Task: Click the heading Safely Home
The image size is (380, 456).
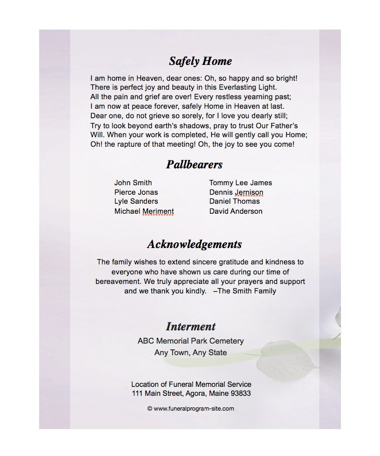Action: pos(200,61)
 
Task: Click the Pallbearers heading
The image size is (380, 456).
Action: pos(194,165)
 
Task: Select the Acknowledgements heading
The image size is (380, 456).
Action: pos(194,244)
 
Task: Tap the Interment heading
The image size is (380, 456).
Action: pos(191,326)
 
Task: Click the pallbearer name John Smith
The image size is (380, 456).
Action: pos(133,183)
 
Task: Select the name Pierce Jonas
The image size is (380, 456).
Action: pos(136,192)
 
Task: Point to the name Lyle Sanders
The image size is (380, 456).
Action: pos(136,201)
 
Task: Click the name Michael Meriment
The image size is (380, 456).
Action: pos(144,211)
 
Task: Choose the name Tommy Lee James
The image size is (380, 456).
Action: pos(241,183)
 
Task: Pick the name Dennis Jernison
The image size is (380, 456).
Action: pos(236,192)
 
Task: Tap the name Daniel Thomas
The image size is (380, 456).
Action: pos(234,201)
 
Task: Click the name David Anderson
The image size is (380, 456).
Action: pos(235,211)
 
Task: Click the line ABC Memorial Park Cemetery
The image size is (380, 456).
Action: pos(191,341)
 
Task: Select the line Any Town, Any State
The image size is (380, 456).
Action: pos(191,353)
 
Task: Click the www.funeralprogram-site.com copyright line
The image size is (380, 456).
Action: pos(191,408)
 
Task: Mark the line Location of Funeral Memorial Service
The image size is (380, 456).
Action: pos(191,384)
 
